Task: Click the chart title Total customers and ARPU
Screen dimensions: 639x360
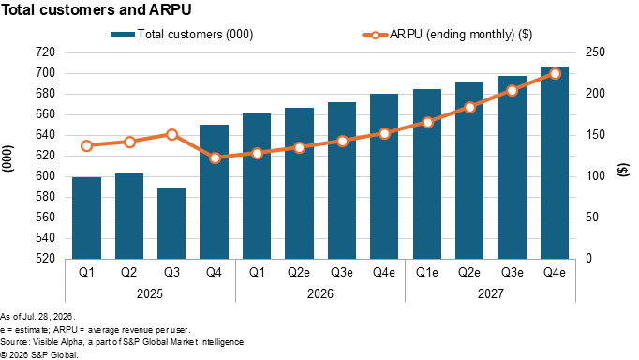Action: point(96,9)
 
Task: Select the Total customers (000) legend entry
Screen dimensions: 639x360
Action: point(182,35)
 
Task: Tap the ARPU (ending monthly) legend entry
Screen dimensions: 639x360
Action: point(447,35)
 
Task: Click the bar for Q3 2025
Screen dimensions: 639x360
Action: point(171,223)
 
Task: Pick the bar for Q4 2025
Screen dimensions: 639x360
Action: point(214,191)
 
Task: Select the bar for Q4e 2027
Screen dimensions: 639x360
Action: point(555,163)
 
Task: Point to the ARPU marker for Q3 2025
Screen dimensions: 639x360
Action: point(172,135)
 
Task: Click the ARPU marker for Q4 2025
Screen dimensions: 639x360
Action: point(215,157)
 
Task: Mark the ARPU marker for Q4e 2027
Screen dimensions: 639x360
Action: point(555,74)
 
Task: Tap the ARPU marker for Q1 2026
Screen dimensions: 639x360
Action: point(257,154)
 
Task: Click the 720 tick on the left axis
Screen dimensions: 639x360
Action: point(45,52)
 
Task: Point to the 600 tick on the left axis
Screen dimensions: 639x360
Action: point(45,176)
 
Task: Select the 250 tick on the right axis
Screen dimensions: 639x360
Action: point(595,52)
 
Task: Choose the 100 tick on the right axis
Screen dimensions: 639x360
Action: point(595,176)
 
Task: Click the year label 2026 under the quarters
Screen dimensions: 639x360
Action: point(320,293)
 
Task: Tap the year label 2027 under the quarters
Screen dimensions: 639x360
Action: point(491,293)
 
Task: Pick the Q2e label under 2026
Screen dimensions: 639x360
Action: point(299,273)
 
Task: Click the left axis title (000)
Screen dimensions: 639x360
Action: point(7,158)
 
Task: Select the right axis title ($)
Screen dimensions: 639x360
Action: point(623,169)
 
